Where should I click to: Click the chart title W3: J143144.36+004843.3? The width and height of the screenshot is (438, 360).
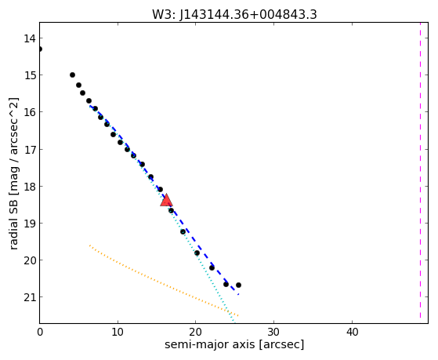(x=234, y=14)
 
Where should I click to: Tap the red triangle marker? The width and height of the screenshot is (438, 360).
(x=166, y=200)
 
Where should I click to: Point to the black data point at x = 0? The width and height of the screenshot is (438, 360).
(x=40, y=49)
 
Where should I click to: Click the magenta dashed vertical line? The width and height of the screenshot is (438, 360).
(x=420, y=170)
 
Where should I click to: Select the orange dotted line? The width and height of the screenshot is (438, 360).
(x=164, y=281)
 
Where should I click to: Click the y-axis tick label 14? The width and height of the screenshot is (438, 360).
(x=30, y=38)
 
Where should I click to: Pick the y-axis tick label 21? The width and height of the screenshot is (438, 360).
(x=30, y=297)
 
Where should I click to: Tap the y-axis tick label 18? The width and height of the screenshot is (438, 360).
(x=30, y=187)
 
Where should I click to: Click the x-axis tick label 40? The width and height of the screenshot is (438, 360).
(x=352, y=332)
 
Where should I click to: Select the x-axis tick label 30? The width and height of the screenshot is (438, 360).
(x=273, y=332)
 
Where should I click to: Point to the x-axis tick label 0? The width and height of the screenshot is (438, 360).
(x=40, y=332)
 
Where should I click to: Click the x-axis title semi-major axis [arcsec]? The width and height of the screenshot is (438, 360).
(x=234, y=344)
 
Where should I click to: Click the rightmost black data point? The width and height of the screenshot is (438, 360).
(x=238, y=285)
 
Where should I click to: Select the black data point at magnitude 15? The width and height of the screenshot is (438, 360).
(x=72, y=75)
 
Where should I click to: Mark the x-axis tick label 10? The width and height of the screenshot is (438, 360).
(x=118, y=332)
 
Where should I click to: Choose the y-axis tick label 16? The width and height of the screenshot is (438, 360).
(x=30, y=112)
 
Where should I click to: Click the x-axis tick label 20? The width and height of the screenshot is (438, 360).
(x=196, y=332)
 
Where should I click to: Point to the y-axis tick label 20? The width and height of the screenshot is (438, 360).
(x=30, y=260)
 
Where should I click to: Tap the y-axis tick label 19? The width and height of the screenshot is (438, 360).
(x=30, y=224)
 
